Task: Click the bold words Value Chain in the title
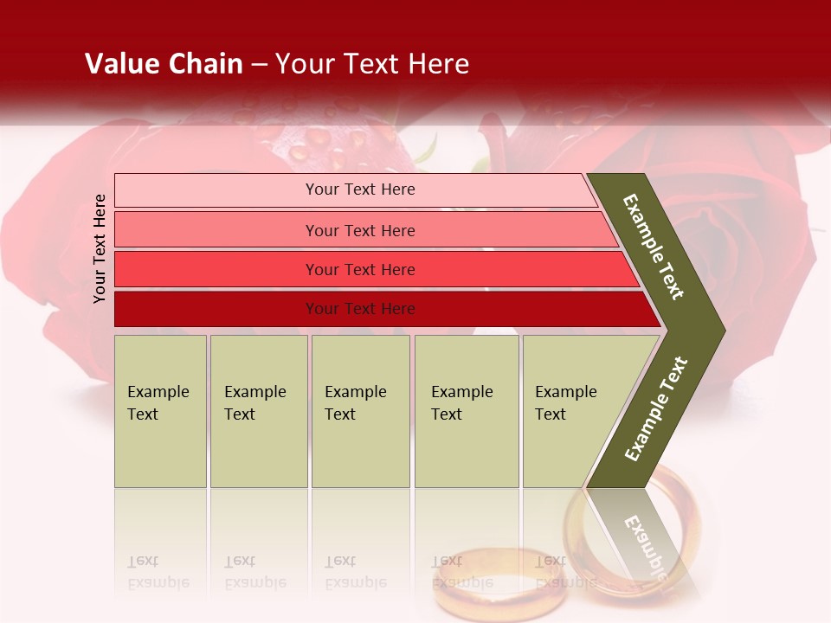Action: pos(164,64)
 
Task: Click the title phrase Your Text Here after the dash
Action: pos(372,64)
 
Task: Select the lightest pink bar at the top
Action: pos(359,189)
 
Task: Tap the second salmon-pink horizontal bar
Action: pos(359,230)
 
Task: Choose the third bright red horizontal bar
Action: pos(359,269)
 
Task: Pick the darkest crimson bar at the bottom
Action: pos(359,309)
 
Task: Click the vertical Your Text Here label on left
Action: pos(100,248)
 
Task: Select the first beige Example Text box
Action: pos(160,411)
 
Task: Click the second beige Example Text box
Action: pos(258,411)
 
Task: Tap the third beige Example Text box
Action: pos(360,411)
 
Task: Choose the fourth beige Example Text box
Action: pos(466,411)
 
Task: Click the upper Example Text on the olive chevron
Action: pos(654,247)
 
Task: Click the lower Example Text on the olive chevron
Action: pos(656,408)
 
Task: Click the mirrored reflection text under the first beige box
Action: pos(159,573)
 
